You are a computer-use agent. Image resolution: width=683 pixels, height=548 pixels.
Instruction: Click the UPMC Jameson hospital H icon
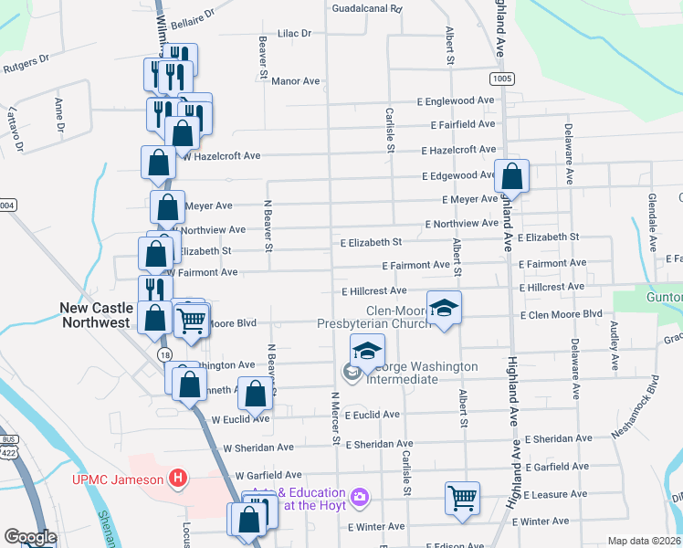point(179,478)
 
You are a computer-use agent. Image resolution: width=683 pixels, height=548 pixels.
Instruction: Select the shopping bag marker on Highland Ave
point(512,176)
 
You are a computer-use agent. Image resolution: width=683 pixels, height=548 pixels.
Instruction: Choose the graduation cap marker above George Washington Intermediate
point(367,351)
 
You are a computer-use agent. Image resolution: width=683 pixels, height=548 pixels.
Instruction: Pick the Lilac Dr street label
point(294,33)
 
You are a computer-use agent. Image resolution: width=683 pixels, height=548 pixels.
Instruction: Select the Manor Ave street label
point(296,81)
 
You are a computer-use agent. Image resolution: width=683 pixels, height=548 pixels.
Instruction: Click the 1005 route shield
point(500,79)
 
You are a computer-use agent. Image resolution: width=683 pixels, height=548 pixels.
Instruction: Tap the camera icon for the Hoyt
point(362,496)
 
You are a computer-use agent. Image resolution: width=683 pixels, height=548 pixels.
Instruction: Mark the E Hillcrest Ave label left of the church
point(373,291)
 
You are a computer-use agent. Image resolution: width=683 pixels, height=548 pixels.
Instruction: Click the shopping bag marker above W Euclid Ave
point(256,395)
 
